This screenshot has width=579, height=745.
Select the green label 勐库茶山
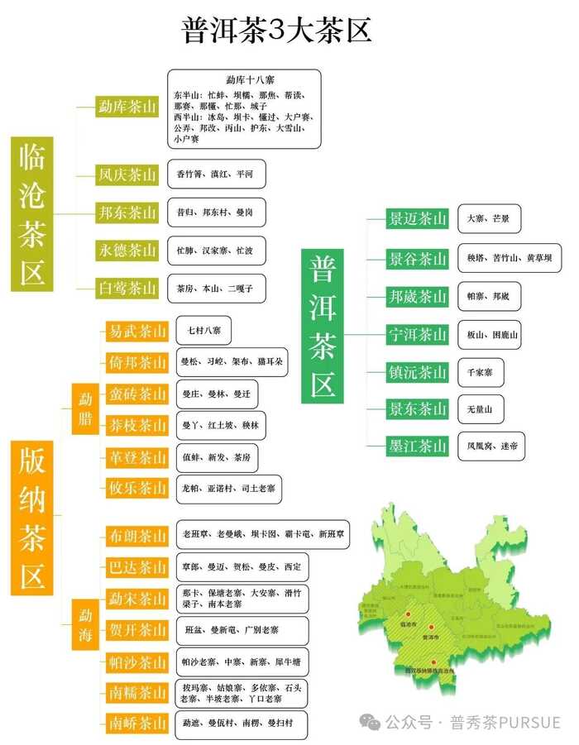(x=127, y=107)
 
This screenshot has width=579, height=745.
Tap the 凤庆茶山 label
(x=127, y=174)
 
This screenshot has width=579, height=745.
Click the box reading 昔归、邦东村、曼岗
(x=216, y=213)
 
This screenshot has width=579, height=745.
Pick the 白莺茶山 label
(x=127, y=288)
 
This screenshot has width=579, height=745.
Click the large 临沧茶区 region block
(x=33, y=213)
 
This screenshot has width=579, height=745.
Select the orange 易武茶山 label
(x=137, y=332)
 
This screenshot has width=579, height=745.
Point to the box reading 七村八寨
(x=203, y=331)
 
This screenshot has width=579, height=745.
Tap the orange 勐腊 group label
(x=85, y=408)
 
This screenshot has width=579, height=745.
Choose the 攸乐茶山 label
(x=137, y=488)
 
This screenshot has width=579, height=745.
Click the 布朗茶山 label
(x=137, y=536)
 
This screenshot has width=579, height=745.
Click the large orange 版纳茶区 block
(x=32, y=518)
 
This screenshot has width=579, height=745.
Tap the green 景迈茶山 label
(x=418, y=219)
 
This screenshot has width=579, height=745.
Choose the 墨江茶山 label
(x=418, y=446)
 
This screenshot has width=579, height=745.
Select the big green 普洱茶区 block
(x=323, y=326)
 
